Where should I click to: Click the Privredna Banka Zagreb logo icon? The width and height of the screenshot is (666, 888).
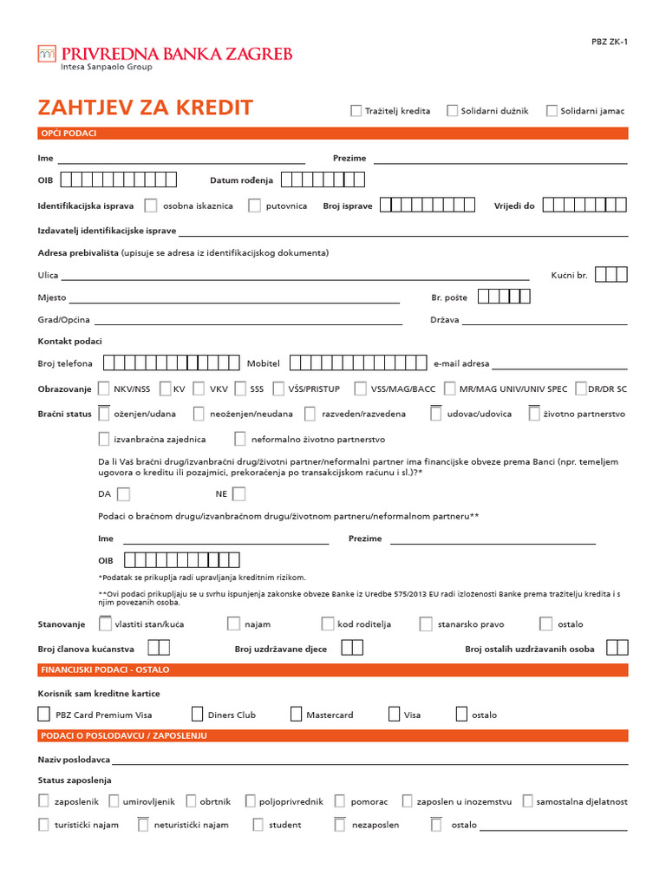pos(46,54)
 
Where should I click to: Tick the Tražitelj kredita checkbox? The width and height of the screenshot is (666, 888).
pos(356,110)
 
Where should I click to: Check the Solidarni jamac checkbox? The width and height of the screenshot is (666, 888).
pos(552,110)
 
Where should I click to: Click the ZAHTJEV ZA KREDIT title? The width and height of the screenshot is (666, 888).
pos(145,108)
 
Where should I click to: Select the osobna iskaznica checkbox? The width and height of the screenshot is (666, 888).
pos(151,206)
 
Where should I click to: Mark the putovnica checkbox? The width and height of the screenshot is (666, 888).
pos(254,206)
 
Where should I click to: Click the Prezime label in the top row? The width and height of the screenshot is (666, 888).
pos(349,159)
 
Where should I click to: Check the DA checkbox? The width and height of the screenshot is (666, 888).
pos(123,494)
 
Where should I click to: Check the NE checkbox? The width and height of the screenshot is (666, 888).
pos(238,494)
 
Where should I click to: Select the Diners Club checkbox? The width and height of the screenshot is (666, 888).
pos(197,715)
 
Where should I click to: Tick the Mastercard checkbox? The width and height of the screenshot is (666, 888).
pos(295,715)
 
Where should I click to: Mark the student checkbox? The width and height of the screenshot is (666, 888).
pos(258,825)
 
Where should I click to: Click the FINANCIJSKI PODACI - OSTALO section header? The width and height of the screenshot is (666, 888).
pos(106,669)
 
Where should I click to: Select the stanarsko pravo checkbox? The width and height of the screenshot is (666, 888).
pos(426,624)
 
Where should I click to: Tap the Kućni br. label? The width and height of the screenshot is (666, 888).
pos(569,275)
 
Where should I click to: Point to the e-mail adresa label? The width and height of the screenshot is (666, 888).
pos(461,363)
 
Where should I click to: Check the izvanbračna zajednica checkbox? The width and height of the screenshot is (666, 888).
pos(104,439)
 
